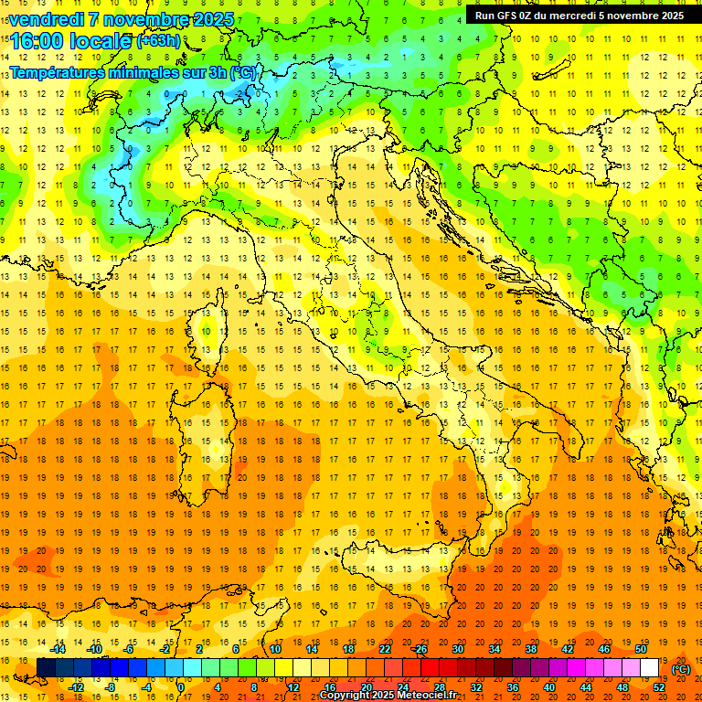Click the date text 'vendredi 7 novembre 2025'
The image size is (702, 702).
point(121,19)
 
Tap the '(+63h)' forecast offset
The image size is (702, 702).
point(158,41)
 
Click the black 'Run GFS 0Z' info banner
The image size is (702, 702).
point(580,15)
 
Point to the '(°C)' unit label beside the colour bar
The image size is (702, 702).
point(681,669)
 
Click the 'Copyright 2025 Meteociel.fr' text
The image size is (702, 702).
point(388,695)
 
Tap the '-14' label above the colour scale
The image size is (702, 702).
point(58,649)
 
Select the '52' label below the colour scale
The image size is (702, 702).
point(659,687)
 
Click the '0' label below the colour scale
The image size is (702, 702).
point(182,687)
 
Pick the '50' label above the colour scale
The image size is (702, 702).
point(641,649)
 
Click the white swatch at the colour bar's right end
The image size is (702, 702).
point(649,668)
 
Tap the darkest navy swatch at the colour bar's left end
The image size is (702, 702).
point(46,668)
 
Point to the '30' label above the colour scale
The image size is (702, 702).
point(457,649)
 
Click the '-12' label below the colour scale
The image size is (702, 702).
point(76,687)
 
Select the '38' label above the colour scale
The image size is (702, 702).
point(530,649)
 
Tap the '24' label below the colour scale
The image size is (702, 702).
point(402,687)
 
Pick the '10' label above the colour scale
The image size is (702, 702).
point(274,649)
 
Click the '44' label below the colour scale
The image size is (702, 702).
point(586,687)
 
